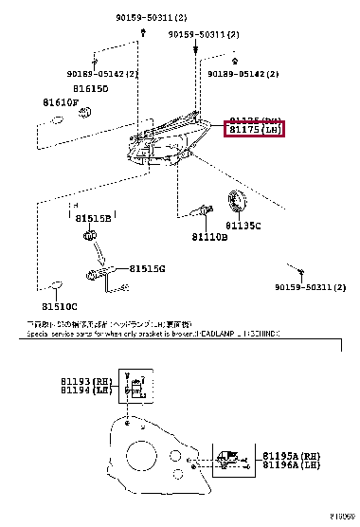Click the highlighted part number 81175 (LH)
pos(253,130)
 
